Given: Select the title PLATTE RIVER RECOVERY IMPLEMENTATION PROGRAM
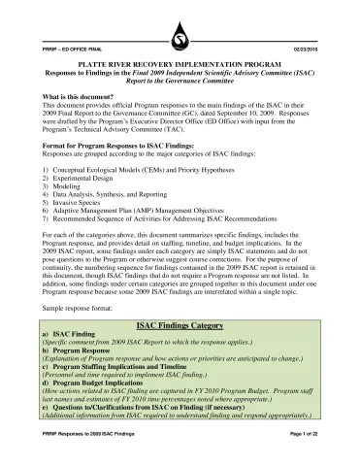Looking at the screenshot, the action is pos(180,61).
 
